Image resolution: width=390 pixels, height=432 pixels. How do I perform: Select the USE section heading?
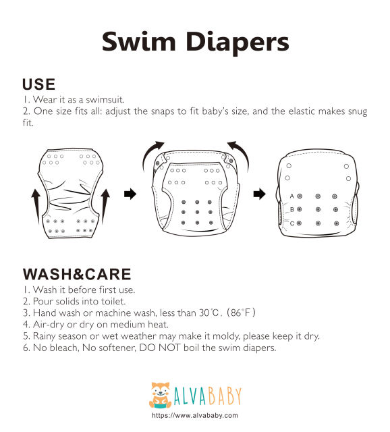click(38, 84)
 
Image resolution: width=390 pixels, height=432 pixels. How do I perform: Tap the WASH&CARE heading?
click(77, 274)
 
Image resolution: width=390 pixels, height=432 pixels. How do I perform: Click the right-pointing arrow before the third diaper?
click(258, 195)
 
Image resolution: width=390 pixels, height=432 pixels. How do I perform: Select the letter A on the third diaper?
click(292, 196)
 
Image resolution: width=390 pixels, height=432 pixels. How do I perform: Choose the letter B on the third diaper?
click(292, 209)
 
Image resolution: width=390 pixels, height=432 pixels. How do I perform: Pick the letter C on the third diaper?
click(292, 223)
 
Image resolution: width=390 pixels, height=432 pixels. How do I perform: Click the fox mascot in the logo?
click(159, 396)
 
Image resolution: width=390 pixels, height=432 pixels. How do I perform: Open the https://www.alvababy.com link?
click(195, 416)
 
